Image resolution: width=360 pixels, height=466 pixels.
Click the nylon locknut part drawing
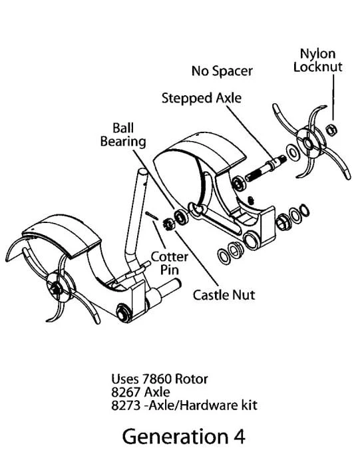[331, 130]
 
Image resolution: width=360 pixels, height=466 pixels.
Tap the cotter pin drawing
[152, 216]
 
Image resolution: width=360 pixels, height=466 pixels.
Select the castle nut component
[168, 224]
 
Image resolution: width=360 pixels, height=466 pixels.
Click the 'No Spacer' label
[222, 71]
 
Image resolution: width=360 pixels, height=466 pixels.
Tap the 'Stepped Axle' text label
[202, 98]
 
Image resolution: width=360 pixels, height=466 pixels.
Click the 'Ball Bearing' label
[123, 134]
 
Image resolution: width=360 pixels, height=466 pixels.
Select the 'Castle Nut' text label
[224, 295]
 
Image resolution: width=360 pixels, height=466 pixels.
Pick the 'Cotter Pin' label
[170, 263]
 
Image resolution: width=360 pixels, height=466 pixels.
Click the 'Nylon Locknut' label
[318, 60]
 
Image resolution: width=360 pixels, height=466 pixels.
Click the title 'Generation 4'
[184, 436]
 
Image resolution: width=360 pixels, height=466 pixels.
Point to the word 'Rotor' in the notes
[191, 379]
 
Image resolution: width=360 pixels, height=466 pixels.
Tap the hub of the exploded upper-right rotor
[309, 144]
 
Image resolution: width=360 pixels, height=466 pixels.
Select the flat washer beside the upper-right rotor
[293, 152]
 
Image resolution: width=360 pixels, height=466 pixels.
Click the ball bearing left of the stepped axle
[238, 183]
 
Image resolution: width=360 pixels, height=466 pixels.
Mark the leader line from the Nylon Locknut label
[333, 97]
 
